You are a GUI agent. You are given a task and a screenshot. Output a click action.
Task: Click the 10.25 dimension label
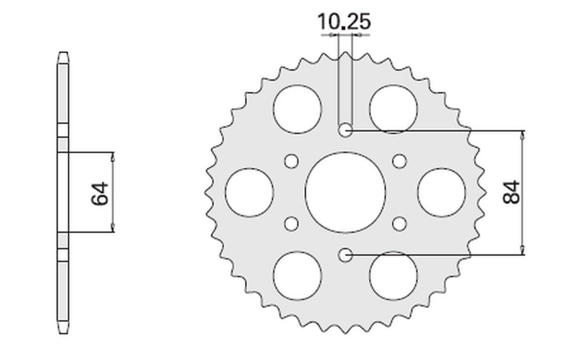coord(344,22)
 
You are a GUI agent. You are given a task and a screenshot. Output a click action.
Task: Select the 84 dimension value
coord(511,192)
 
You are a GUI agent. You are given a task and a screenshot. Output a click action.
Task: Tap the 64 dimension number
coord(100,193)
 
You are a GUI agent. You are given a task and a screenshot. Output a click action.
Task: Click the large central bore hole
coord(345,192)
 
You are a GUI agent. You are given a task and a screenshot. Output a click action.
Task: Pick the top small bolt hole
coord(345,130)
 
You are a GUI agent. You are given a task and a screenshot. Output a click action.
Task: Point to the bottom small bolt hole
coord(345,255)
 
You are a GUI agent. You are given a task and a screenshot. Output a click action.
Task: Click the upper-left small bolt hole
coord(291,161)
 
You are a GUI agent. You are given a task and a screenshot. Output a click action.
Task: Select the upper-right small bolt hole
coord(399,161)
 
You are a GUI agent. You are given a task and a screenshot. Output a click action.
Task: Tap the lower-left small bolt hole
coord(291,224)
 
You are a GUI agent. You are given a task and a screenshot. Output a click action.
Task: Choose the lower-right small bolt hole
coord(399,224)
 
